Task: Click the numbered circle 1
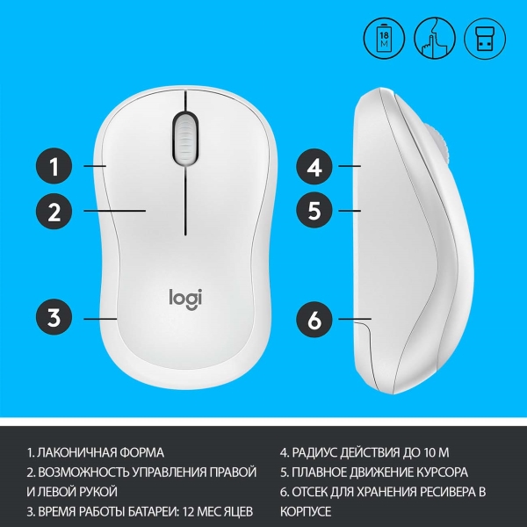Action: pyautogui.click(x=54, y=166)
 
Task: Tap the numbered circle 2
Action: pyautogui.click(x=54, y=211)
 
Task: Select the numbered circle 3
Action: pyautogui.click(x=54, y=317)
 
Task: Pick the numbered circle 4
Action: pyautogui.click(x=314, y=166)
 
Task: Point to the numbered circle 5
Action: pyautogui.click(x=314, y=210)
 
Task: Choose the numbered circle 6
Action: pyautogui.click(x=314, y=320)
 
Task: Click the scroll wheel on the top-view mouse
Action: pyautogui.click(x=185, y=139)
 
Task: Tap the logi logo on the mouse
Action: pyautogui.click(x=185, y=299)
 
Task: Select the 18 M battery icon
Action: pyautogui.click(x=384, y=39)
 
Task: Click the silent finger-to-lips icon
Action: pyautogui.click(x=434, y=39)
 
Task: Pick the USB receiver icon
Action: pyautogui.click(x=485, y=39)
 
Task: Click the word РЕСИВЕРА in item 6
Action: pyautogui.click(x=438, y=492)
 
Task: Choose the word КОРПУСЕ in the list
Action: pyautogui.click(x=306, y=511)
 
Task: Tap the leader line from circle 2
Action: pyautogui.click(x=114, y=211)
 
